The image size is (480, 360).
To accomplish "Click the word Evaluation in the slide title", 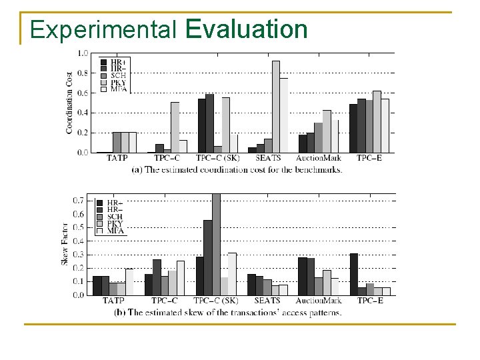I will tap(247, 30).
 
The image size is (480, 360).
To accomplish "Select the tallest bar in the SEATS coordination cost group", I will tap(276, 107).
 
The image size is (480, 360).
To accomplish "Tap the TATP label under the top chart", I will tap(117, 159).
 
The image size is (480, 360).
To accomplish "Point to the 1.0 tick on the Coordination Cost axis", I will tap(83, 53).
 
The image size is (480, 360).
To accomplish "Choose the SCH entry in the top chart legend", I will tap(117, 75).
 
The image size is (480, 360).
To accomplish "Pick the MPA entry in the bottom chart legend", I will tap(115, 231).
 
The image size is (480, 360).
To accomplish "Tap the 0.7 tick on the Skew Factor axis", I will tap(78, 201).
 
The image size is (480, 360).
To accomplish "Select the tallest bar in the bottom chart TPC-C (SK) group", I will tap(215, 244).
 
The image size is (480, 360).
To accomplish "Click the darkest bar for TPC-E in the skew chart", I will tap(354, 274).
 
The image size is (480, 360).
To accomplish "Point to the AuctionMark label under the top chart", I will tap(319, 159).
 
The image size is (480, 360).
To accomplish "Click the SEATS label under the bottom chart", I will tap(267, 301).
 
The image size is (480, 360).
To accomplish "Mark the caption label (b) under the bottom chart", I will tap(120, 312).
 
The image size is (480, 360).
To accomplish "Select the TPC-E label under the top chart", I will tap(371, 159).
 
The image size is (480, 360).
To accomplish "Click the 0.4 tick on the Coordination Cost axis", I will tap(83, 113).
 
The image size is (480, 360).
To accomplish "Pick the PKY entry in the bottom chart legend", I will tap(115, 224).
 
